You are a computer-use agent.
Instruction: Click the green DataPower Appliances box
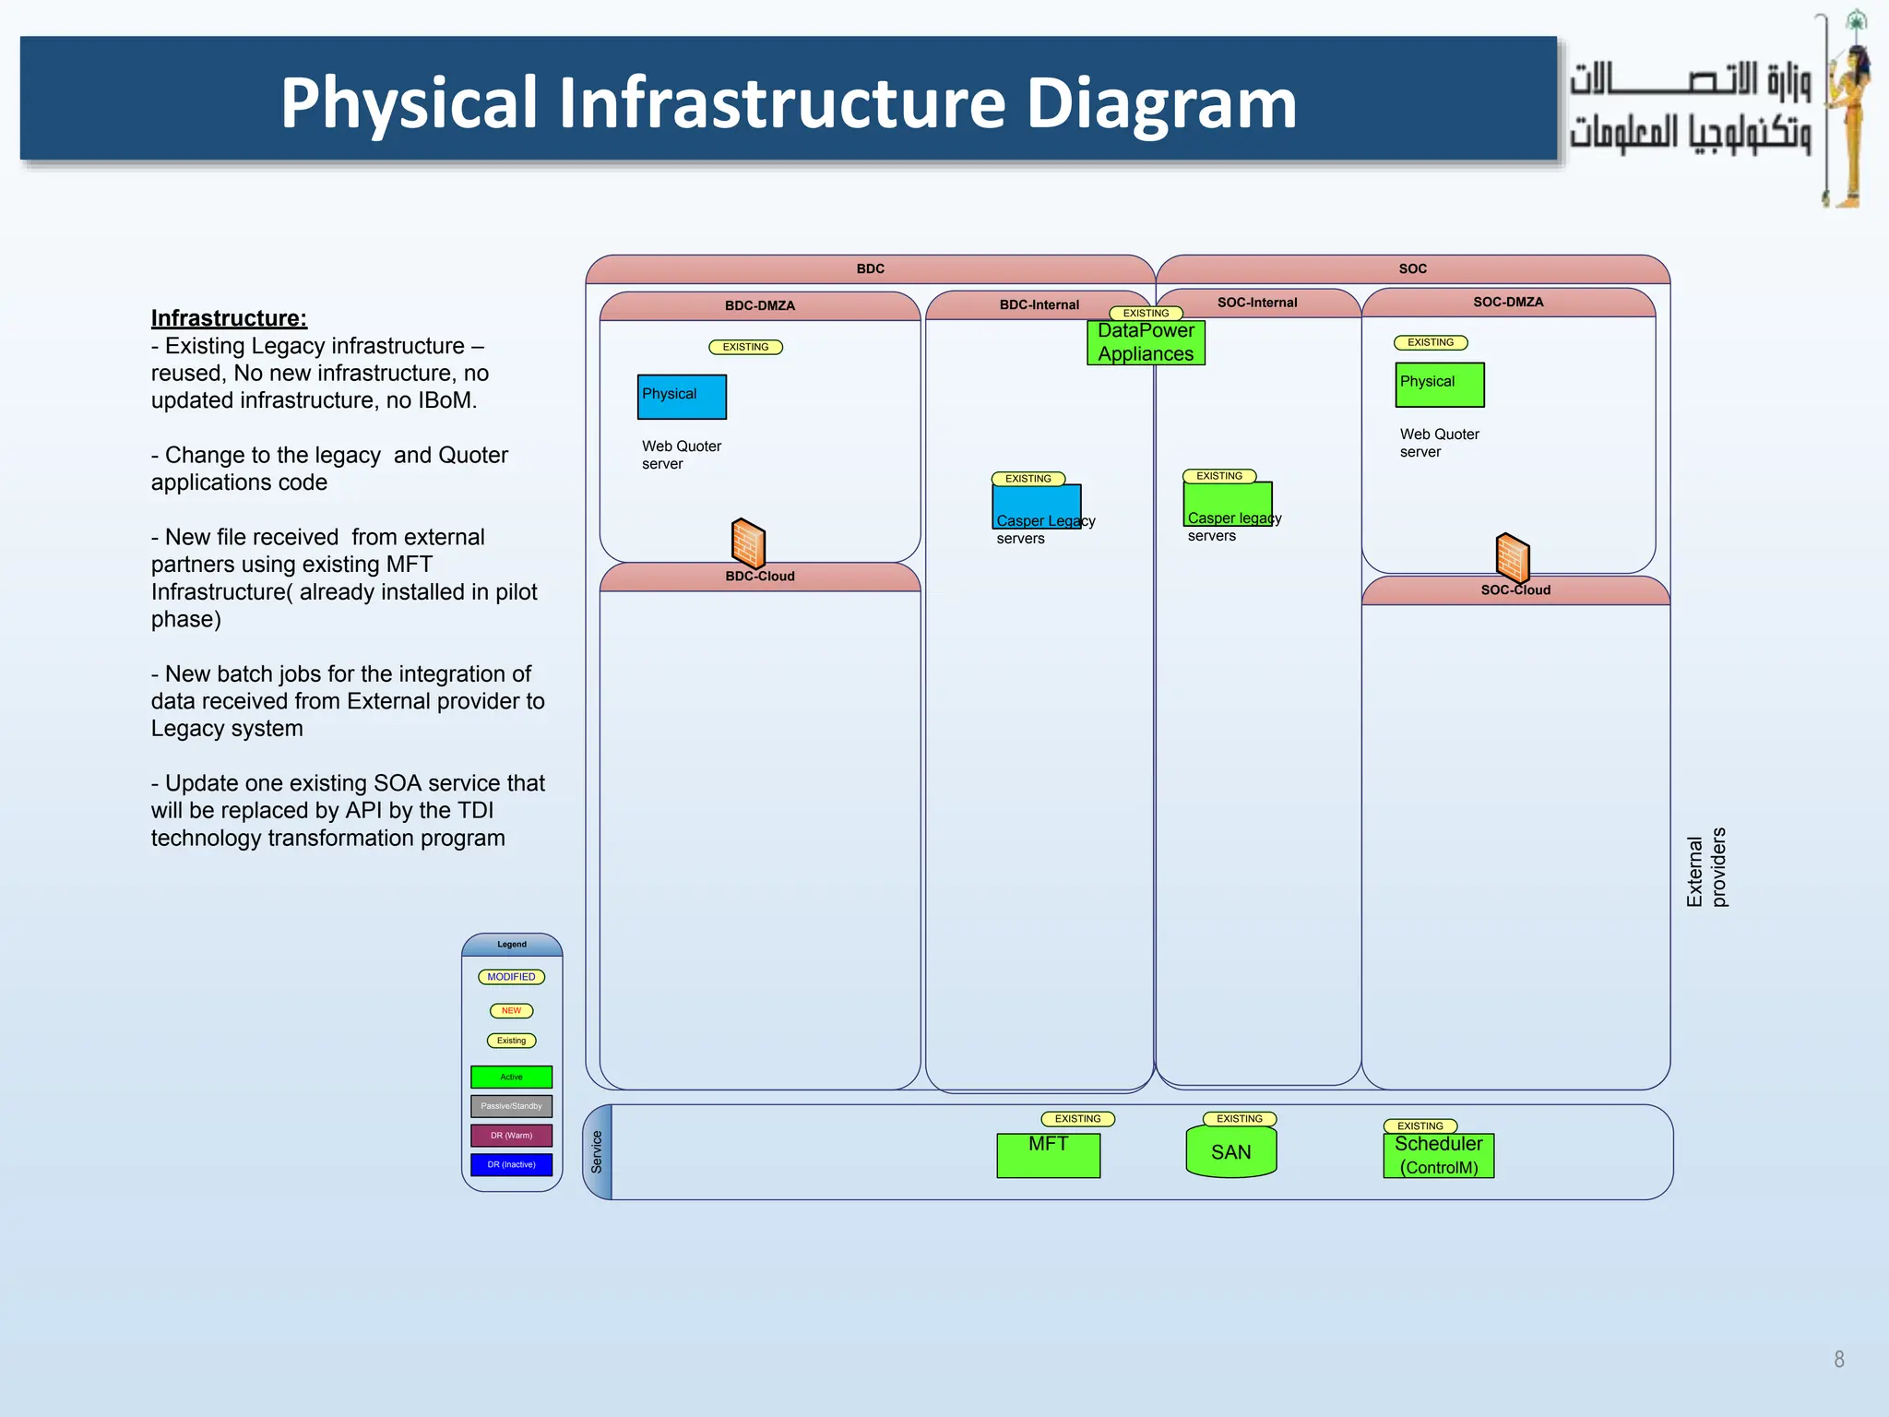[x=1146, y=342]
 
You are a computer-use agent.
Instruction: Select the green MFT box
[x=1048, y=1155]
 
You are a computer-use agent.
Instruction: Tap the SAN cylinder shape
[x=1231, y=1152]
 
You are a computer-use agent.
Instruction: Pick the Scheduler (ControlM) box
[x=1438, y=1156]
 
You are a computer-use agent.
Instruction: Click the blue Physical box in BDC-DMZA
[x=682, y=397]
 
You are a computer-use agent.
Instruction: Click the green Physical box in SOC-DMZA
[x=1439, y=385]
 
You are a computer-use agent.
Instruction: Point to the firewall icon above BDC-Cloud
[x=748, y=543]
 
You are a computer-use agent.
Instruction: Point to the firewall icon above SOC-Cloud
[x=1512, y=558]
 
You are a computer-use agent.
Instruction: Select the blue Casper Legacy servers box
[x=1036, y=506]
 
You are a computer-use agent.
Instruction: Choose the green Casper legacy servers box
[x=1227, y=504]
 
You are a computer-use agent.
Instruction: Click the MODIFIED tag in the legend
[x=511, y=977]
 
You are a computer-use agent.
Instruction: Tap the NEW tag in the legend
[x=511, y=1010]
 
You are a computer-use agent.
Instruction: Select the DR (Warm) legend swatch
[x=511, y=1136]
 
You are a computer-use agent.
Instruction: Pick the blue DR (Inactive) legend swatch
[x=511, y=1165]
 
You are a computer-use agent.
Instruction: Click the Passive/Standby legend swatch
[x=511, y=1106]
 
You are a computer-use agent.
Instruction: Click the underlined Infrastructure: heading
[x=229, y=318]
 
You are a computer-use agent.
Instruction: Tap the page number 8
[x=1838, y=1359]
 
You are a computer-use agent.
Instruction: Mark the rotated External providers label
[x=1705, y=867]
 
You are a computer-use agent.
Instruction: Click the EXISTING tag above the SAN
[x=1239, y=1119]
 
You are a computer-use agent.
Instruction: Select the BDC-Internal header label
[x=1039, y=305]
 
